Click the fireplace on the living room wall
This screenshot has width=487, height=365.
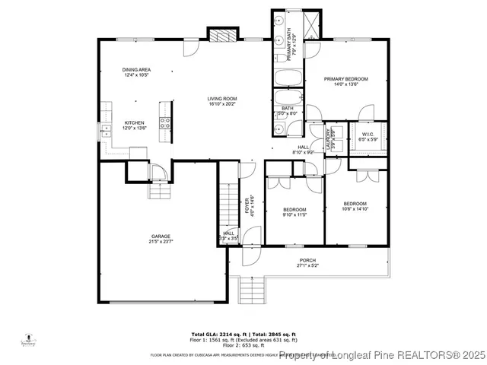click(220, 36)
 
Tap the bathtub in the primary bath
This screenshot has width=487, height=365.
click(288, 77)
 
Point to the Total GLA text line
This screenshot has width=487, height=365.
click(243, 333)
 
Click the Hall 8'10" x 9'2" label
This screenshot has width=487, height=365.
click(303, 150)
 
